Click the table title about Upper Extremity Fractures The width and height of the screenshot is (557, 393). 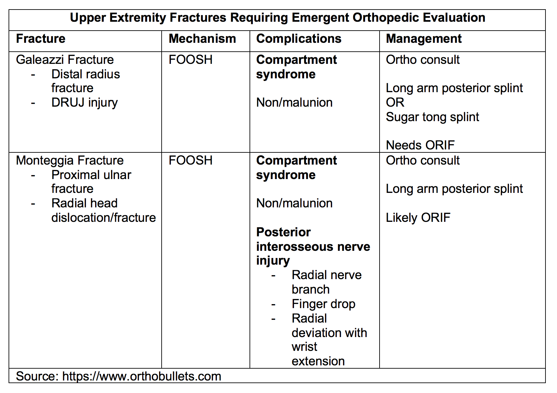click(278, 18)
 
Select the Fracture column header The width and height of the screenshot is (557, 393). click(40, 39)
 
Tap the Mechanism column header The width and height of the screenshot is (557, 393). click(202, 39)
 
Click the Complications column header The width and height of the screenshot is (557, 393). click(299, 39)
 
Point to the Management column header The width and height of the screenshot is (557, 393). click(423, 39)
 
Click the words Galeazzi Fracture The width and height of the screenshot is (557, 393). click(65, 60)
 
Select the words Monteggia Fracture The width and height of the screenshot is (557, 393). click(70, 161)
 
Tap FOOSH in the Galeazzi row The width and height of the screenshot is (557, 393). click(191, 60)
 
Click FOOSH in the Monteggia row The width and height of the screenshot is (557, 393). click(191, 161)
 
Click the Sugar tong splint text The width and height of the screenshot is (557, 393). click(433, 117)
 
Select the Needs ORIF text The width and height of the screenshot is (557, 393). click(420, 145)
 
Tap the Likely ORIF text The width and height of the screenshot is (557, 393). click(418, 218)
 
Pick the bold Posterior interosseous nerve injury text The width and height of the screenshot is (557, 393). click(313, 247)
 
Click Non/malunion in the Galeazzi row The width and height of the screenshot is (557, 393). click(294, 103)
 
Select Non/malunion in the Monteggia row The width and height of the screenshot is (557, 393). click(294, 203)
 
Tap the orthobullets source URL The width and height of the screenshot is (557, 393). click(142, 377)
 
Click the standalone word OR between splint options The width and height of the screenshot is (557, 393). click(395, 103)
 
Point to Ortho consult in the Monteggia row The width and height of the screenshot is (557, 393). click(423, 161)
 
